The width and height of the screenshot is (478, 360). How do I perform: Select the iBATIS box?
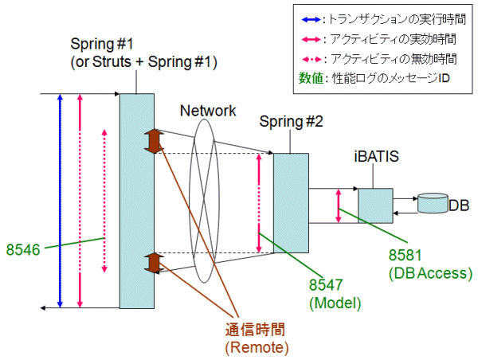pos(374,205)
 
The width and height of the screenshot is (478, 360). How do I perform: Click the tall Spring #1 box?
pos(136,199)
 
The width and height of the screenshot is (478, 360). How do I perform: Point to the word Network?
pos(208,111)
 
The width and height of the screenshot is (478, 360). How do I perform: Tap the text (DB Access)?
pos(431,273)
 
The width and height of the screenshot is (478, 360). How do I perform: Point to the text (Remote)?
pos(257,347)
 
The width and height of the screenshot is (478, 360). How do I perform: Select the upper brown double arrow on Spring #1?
pos(153,140)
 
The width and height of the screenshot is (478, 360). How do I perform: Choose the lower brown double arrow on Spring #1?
pos(153,263)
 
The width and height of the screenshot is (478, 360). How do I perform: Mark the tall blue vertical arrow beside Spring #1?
pos(61,199)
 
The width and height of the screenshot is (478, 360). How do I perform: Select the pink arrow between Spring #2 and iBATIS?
pos(339,204)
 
